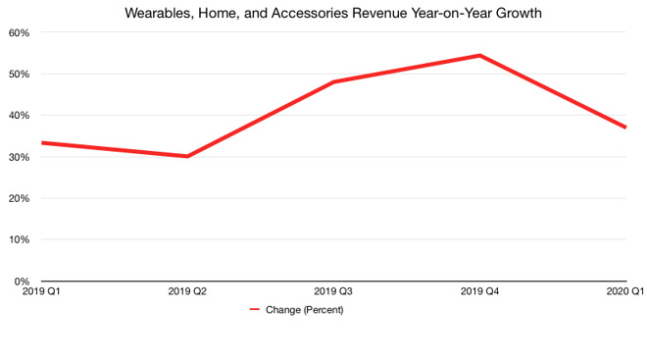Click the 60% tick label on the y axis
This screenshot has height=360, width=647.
tap(20, 32)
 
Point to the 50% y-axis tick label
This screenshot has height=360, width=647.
tap(20, 74)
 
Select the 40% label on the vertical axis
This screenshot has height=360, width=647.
tap(20, 115)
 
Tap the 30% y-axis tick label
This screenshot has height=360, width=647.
tap(20, 157)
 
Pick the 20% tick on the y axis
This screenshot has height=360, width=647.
tap(20, 198)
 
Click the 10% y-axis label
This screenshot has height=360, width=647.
tap(20, 239)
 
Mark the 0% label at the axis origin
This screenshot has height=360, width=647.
tap(23, 281)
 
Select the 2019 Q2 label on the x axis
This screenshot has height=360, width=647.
tap(187, 291)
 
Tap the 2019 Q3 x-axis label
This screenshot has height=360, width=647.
tap(333, 291)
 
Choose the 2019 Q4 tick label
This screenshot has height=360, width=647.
tap(479, 291)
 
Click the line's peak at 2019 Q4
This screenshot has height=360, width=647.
tap(479, 55)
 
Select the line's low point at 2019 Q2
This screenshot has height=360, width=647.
tap(187, 156)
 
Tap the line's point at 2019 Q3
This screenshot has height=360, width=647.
tap(333, 82)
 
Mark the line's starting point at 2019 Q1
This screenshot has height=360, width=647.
tap(41, 142)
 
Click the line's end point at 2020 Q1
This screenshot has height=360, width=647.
tap(625, 128)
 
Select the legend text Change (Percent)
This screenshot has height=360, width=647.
tap(305, 310)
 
